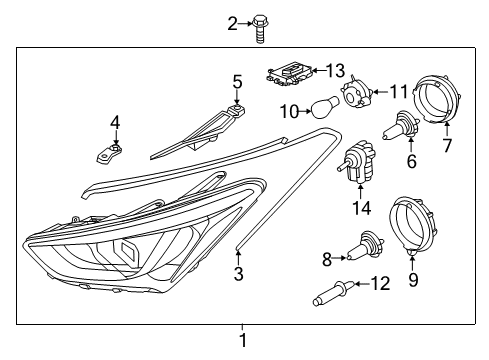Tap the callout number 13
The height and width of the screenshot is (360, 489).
click(x=335, y=70)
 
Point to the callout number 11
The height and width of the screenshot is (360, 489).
click(x=399, y=92)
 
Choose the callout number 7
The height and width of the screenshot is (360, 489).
click(x=447, y=146)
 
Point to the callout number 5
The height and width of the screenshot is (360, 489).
click(x=237, y=81)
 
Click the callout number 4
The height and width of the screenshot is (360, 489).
click(x=115, y=123)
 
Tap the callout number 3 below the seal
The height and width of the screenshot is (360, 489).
click(x=238, y=273)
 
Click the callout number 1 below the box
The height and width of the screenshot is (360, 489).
click(x=241, y=341)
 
